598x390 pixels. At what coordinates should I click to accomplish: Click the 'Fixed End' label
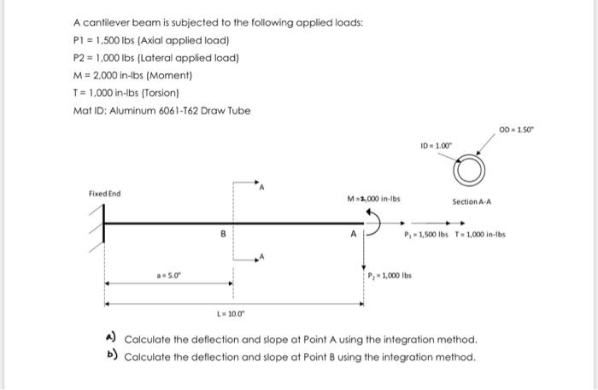[104, 194]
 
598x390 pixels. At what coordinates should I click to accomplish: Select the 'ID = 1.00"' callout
[438, 147]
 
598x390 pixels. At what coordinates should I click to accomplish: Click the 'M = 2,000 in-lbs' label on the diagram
[373, 199]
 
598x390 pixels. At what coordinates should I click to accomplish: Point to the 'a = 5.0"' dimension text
[169, 276]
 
